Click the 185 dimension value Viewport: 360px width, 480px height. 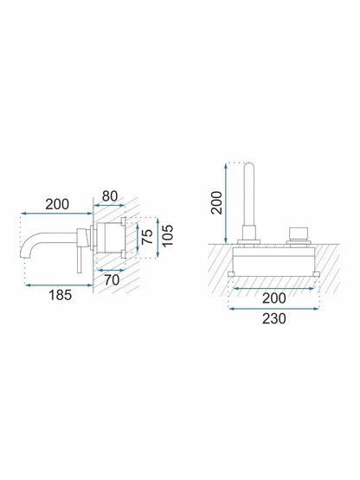[60, 295]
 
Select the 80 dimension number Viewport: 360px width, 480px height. [110, 196]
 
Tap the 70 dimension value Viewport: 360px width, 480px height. [112, 280]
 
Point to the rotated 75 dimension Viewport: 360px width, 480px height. [147, 236]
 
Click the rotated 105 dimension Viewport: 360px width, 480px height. [168, 235]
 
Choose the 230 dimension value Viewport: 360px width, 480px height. [274, 318]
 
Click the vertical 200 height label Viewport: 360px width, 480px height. [217, 202]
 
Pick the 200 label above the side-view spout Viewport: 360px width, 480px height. [57, 204]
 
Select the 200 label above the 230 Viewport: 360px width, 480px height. [274, 298]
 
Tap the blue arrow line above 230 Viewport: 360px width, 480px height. [274, 309]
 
